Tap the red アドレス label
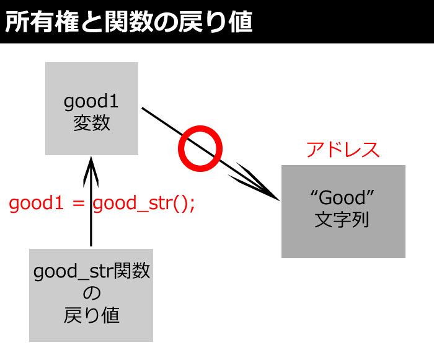(343, 150)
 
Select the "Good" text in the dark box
(342, 197)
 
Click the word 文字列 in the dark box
(342, 220)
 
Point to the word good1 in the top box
(91, 102)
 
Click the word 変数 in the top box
(92, 123)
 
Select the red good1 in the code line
(36, 204)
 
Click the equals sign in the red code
(78, 204)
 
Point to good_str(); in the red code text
(144, 204)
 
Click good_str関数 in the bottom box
(92, 271)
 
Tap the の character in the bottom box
(92, 293)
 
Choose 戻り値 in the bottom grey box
(92, 315)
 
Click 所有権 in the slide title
(42, 22)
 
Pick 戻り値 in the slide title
(215, 22)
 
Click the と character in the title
(92, 22)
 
